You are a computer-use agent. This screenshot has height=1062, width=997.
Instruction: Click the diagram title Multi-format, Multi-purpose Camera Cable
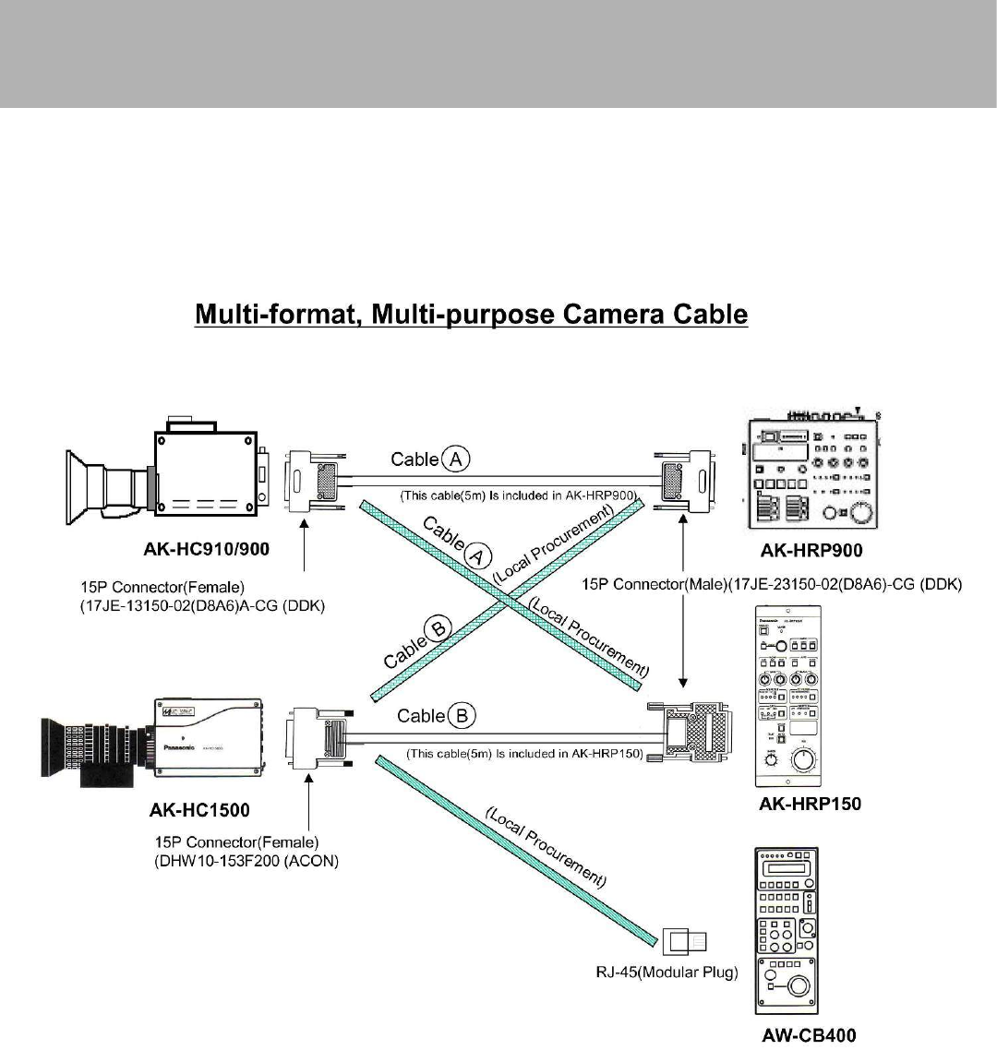coord(471,315)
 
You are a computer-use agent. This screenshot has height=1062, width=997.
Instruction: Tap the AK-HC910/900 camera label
coord(207,550)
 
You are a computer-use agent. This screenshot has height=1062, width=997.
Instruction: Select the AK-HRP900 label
coord(811,551)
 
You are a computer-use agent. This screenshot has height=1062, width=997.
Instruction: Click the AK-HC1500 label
coord(199,811)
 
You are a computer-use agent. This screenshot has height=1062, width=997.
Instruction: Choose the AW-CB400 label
coord(809,1035)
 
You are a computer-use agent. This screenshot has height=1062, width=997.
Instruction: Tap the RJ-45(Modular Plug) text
coord(666,973)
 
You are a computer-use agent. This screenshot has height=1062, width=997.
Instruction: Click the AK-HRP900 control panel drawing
coord(812,471)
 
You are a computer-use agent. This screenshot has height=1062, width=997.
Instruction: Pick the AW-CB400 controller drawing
coord(787,932)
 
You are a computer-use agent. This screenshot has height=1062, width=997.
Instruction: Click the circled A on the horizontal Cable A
coord(456,459)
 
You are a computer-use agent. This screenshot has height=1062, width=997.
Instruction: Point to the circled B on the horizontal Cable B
coord(462,715)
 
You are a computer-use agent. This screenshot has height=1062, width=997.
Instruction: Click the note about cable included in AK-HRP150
coord(524,754)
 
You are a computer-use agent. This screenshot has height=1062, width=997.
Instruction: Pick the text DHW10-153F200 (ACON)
coord(247,861)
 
